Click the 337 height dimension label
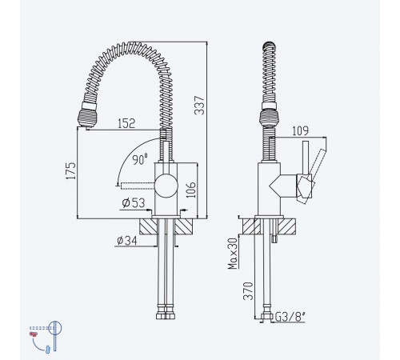(199, 106)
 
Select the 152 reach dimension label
(126, 123)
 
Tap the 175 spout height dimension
(71, 170)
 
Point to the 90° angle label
(140, 159)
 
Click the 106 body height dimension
(191, 190)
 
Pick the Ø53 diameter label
(134, 203)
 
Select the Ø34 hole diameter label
(127, 241)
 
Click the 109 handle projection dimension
(300, 130)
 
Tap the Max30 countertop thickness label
(233, 254)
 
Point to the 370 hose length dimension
(248, 291)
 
